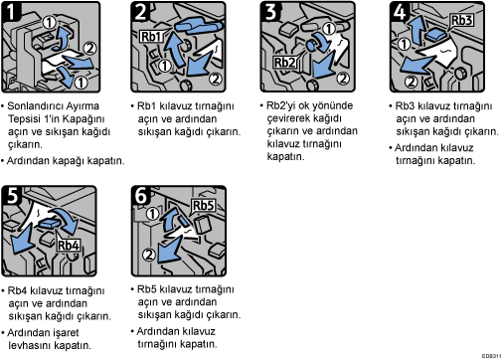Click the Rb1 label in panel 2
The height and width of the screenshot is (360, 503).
pos(151,36)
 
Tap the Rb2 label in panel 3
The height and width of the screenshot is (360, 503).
pos(284,62)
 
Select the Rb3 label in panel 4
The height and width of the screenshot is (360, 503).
pos(462,20)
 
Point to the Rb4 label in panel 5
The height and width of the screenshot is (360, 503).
pos(69,246)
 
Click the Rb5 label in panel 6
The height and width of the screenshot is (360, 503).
pos(204,206)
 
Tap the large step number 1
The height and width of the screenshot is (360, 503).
pos(11,11)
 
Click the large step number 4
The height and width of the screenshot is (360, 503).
pos(400,11)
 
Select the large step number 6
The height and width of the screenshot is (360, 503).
pos(141,195)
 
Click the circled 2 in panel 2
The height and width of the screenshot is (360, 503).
pos(216,79)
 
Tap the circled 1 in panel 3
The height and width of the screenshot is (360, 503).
pos(329,29)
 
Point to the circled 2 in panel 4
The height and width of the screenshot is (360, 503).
pos(411,82)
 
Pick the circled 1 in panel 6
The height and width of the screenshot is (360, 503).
pos(152,214)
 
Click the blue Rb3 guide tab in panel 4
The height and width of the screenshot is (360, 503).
pos(435,35)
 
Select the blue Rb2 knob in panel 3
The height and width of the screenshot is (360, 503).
pos(312,45)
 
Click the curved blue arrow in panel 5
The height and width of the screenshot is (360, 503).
pos(69,220)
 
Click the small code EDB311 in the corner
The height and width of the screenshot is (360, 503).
pos(492,356)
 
